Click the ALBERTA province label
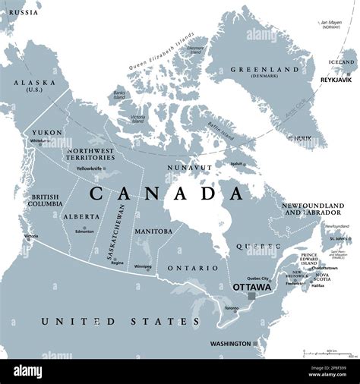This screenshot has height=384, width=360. pos(82,216)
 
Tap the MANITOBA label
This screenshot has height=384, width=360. pos(153,231)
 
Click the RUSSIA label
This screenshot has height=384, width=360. pos(23,13)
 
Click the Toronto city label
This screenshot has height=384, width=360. pos(231,307)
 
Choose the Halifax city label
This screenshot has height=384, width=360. pos(318,285)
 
